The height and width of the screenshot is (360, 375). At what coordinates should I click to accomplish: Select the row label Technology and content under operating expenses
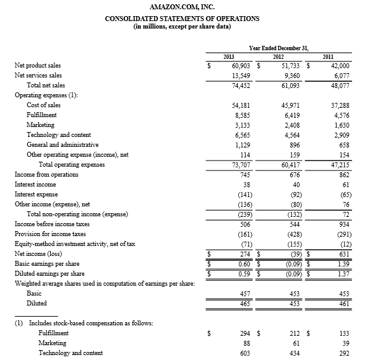click(59, 135)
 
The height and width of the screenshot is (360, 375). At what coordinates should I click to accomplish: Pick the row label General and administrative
click(62, 145)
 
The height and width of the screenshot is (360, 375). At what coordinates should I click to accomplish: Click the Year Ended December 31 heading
click(279, 47)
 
